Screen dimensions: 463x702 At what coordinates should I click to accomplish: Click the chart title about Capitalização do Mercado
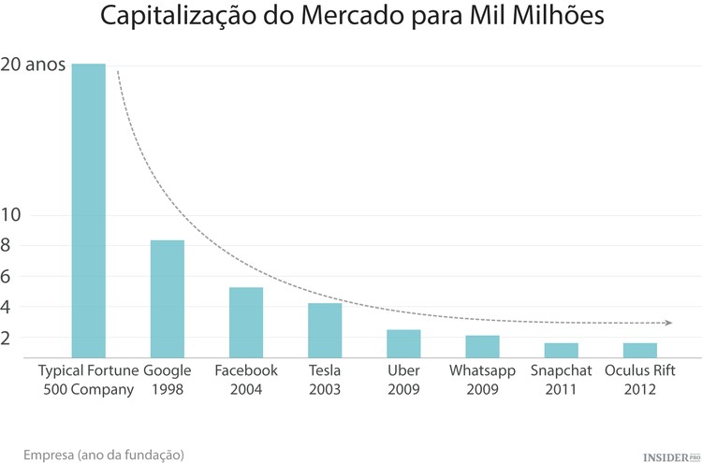(x=351, y=18)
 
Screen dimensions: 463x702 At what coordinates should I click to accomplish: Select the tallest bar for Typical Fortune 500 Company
(x=89, y=210)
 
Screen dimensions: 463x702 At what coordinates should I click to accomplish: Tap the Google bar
(x=168, y=298)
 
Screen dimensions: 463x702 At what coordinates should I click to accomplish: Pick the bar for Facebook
(x=246, y=322)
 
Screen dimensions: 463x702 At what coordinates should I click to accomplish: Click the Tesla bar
(x=325, y=329)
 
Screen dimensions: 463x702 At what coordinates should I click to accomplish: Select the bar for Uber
(x=403, y=342)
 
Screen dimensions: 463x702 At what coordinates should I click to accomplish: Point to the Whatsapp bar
(x=482, y=345)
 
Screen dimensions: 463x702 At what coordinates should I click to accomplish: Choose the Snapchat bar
(x=561, y=349)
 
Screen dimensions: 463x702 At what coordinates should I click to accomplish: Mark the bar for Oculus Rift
(x=639, y=349)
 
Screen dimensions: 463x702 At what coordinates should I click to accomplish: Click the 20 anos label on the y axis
(x=33, y=65)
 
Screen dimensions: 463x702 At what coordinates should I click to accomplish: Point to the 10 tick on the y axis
(x=10, y=214)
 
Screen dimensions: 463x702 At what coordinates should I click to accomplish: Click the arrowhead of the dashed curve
(x=667, y=323)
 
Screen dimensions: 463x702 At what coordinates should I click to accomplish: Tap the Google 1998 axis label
(x=168, y=380)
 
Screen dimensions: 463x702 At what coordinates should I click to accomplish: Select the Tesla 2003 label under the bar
(x=325, y=380)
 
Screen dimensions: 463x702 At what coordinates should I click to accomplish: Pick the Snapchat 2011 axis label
(x=561, y=380)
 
